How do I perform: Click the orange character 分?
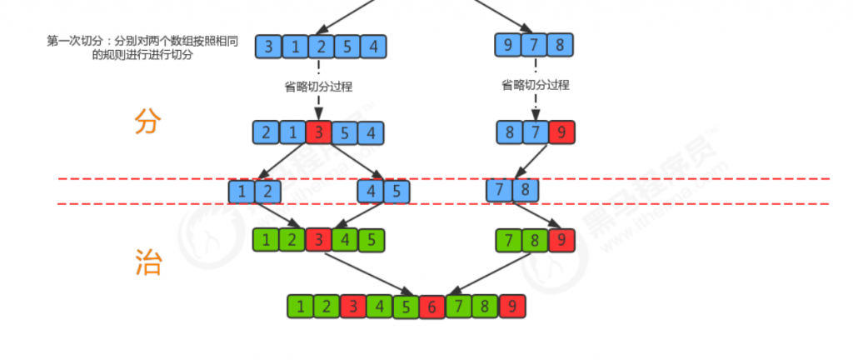tap(147, 122)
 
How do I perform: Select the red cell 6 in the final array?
tap(432, 306)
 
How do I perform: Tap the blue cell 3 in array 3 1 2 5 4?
tap(267, 47)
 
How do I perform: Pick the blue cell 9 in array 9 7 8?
tap(508, 44)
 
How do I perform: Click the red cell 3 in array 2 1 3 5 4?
tap(319, 132)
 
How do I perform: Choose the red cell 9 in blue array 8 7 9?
tap(561, 132)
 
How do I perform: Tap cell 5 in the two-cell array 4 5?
tap(397, 192)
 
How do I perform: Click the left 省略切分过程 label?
tap(318, 85)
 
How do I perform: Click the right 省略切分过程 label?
tap(535, 85)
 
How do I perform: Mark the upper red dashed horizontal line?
tap(666, 178)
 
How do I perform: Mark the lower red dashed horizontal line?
tap(666, 204)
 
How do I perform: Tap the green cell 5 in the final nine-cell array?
tap(406, 306)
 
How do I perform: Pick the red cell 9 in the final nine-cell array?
tap(512, 306)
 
